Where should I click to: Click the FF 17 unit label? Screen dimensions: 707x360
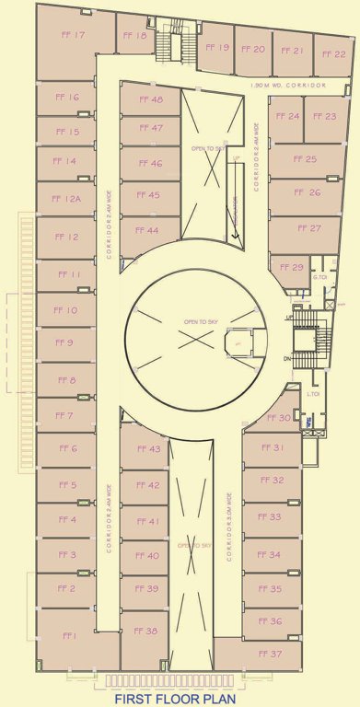(73, 36)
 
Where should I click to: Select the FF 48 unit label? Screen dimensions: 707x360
(151, 99)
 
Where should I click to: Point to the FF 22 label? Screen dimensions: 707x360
(333, 54)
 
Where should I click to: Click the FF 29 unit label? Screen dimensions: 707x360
(291, 267)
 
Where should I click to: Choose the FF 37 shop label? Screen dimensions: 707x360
(270, 654)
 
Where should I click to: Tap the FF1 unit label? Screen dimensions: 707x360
(68, 636)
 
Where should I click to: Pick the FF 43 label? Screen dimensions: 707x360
(148, 449)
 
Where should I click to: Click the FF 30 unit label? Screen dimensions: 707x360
(279, 418)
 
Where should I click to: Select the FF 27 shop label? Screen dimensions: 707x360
(308, 228)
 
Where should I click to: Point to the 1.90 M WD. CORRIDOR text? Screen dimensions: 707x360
(289, 85)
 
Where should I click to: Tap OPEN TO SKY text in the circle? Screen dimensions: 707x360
(198, 321)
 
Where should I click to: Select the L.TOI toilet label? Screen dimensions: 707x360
(313, 394)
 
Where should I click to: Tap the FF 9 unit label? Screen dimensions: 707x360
(64, 343)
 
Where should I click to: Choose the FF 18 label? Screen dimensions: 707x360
(134, 36)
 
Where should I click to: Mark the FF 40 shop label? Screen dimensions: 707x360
(146, 556)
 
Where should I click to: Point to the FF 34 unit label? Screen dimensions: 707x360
(269, 555)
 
